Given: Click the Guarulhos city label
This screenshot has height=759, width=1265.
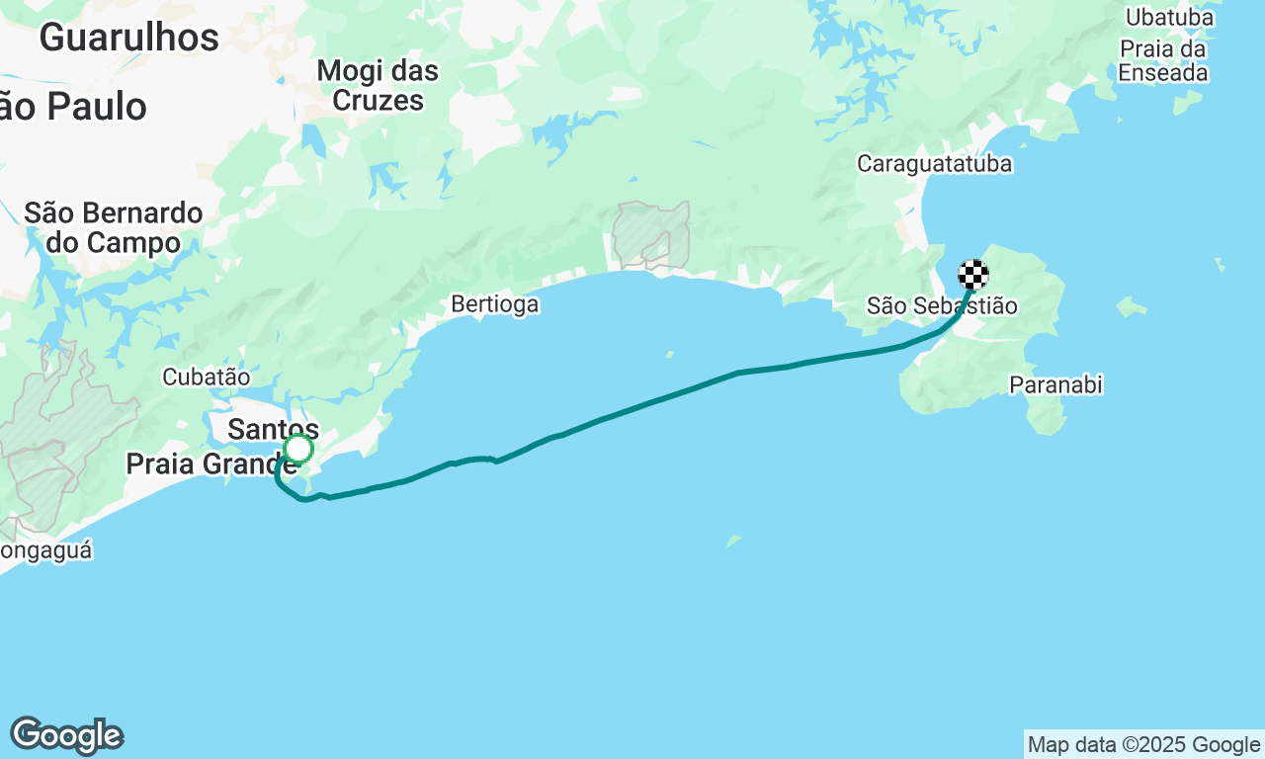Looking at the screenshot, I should (128, 38).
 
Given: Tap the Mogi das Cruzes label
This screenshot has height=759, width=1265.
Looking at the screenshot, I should (378, 85).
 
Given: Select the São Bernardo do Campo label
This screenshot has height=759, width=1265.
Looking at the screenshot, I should (114, 227).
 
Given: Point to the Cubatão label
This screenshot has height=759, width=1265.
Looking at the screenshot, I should (206, 377).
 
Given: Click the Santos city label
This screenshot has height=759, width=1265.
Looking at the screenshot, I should (273, 429).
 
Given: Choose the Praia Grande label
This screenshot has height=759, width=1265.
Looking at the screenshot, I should (210, 464).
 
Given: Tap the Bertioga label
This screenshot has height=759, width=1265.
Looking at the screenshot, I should (495, 303).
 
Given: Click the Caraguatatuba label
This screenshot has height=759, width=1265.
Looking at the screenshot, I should (934, 163).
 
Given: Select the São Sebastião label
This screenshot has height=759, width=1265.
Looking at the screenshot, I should (941, 305).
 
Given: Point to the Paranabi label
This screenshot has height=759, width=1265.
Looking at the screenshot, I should (1055, 384).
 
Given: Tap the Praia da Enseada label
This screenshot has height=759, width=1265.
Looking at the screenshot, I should (1162, 60).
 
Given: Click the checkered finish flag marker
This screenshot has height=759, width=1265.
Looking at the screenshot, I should (973, 274).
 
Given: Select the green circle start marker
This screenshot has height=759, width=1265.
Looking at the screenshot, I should (298, 450).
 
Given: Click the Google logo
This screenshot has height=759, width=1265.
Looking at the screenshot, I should (67, 736).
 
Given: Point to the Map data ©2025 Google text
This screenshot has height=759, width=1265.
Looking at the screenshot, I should (1143, 745).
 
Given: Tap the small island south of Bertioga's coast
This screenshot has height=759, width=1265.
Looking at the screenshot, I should (733, 541).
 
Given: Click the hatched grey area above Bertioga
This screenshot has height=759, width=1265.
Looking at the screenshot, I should (649, 235).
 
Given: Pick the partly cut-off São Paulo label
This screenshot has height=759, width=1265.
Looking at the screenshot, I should (74, 107).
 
